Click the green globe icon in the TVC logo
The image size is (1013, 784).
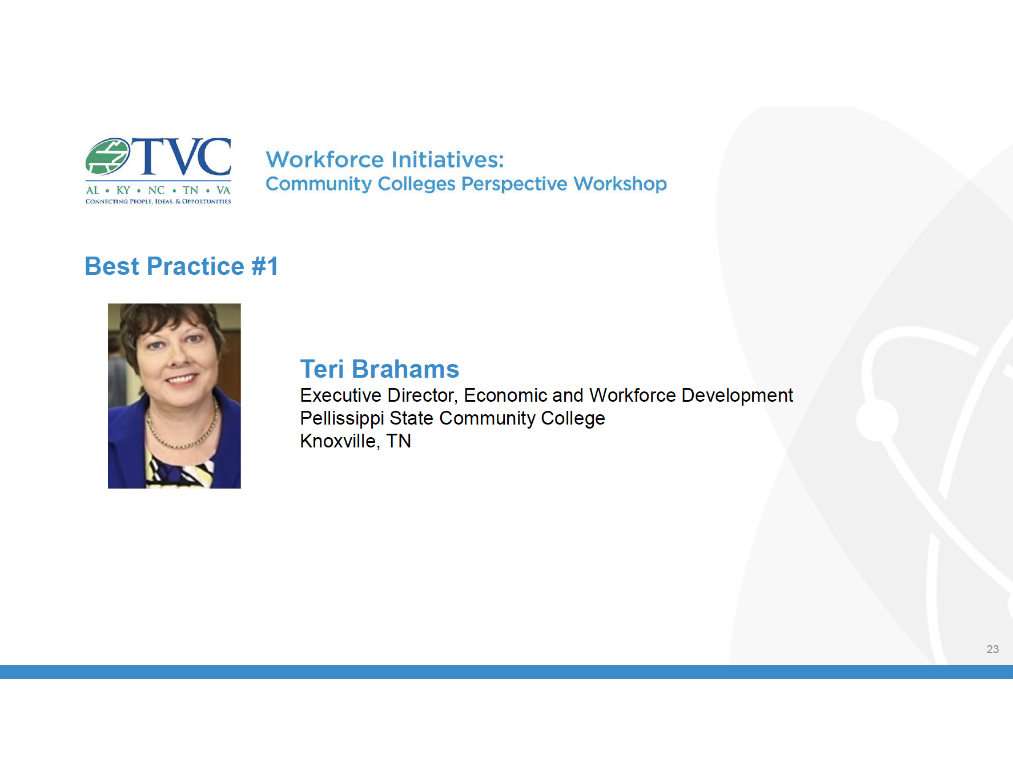108,156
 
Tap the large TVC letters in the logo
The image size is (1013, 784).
182,156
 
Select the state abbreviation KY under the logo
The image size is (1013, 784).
123,190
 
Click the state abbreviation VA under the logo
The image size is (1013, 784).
223,190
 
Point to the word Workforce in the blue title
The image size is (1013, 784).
325,159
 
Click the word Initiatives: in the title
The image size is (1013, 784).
448,159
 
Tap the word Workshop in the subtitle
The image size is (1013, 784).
620,184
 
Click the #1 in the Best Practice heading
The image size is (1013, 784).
265,266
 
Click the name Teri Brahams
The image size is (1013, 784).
380,369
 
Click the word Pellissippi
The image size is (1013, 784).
342,419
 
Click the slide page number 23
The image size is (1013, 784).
992,649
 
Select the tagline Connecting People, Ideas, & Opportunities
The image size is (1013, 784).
158,201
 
